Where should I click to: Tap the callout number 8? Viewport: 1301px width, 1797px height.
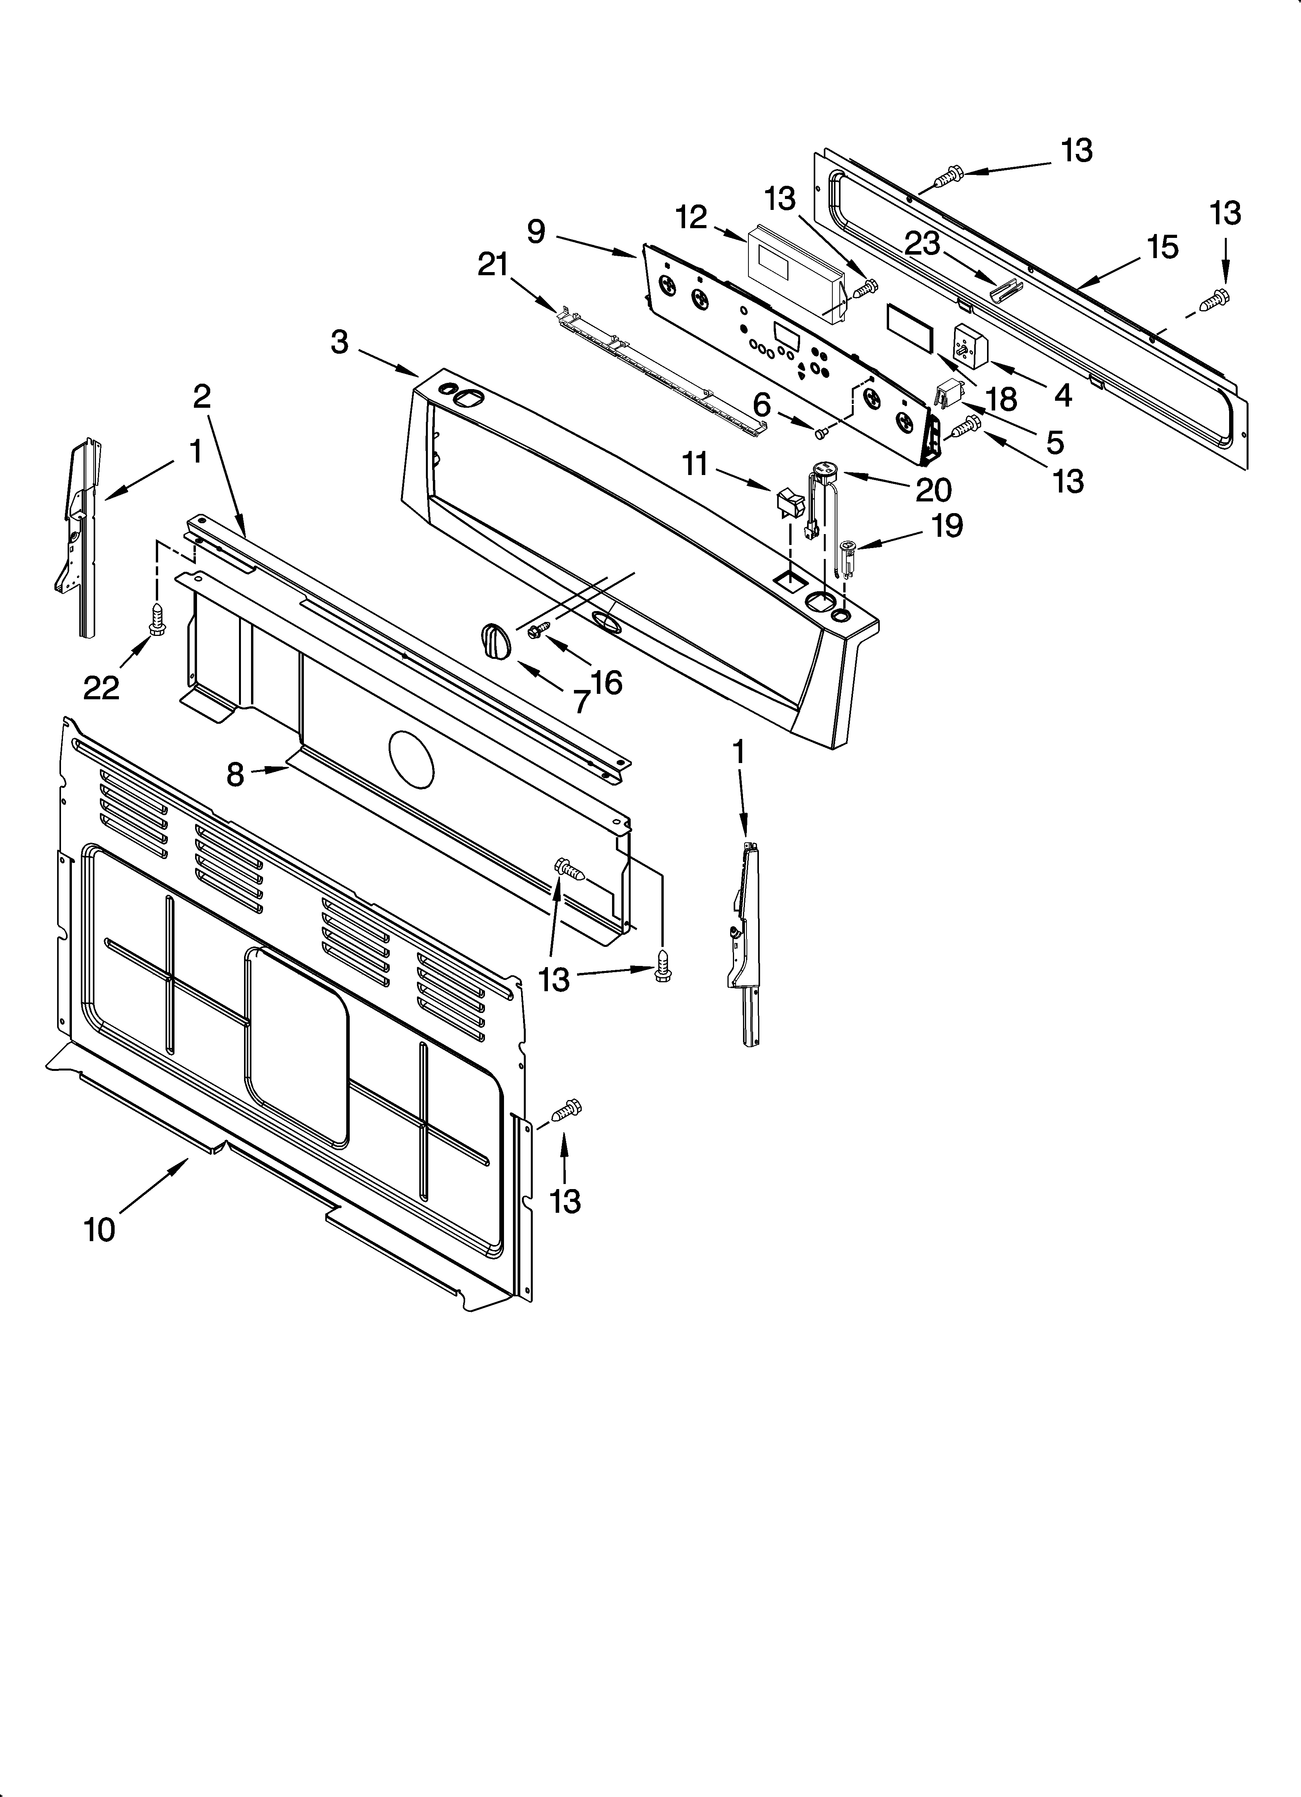[x=235, y=774]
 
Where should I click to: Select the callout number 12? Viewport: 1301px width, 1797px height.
[x=692, y=217]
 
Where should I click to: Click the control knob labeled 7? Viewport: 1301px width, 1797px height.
[x=497, y=640]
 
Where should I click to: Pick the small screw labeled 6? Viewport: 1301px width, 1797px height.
[x=821, y=431]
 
